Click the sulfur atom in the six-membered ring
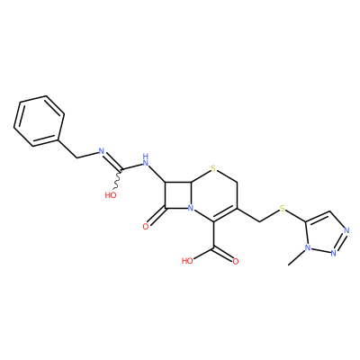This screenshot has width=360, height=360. click(213, 168)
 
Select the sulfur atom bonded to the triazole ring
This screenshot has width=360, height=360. click(282, 208)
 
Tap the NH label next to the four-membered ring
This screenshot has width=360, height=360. click(146, 160)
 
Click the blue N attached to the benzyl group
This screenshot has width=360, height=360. click(102, 151)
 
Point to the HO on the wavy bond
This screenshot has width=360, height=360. click(111, 195)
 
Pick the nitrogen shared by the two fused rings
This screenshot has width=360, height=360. click(190, 208)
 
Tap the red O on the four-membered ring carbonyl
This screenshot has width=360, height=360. click(146, 227)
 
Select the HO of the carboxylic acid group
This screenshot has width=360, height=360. click(188, 261)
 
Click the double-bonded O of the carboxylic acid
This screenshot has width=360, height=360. click(236, 261)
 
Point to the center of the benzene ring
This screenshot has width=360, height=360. click(39, 121)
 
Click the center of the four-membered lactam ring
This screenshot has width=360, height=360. click(177, 194)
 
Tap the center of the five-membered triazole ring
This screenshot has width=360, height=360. click(326, 233)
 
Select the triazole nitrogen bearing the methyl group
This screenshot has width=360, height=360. click(307, 248)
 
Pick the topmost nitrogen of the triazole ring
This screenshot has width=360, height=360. click(346, 230)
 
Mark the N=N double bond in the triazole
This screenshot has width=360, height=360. click(340, 242)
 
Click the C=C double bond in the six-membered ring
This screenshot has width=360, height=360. click(225, 214)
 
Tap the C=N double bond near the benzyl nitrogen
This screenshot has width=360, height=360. click(112, 161)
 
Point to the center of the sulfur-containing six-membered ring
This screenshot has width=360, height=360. click(214, 195)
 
